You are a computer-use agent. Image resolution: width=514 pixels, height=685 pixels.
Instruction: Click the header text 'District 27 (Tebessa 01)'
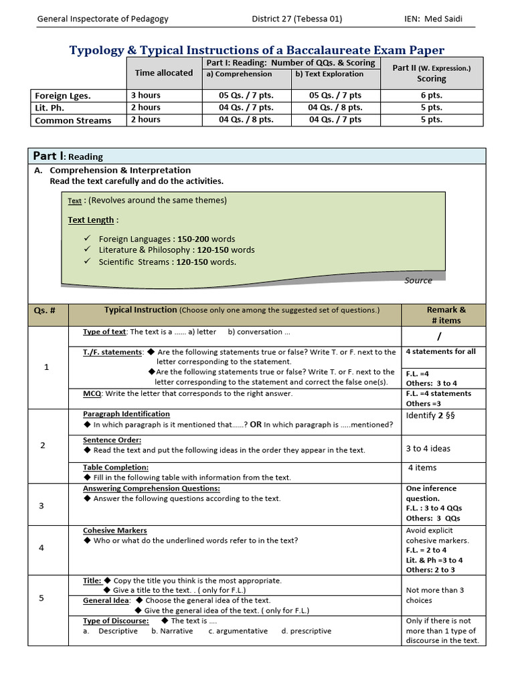[x=296, y=19]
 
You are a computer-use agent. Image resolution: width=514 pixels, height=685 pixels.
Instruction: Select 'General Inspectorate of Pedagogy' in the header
[x=102, y=19]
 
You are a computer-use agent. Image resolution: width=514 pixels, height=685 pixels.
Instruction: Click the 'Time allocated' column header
[x=164, y=73]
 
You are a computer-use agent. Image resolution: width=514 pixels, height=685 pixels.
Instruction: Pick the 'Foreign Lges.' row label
[x=62, y=96]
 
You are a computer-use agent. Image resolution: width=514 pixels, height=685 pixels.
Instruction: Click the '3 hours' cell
[x=146, y=95]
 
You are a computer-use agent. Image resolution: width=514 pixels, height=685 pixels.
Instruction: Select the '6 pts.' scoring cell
[x=431, y=95]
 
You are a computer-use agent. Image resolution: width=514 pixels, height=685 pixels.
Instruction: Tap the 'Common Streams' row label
[x=73, y=120]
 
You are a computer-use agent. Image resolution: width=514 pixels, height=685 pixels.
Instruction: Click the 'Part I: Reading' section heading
[x=68, y=157]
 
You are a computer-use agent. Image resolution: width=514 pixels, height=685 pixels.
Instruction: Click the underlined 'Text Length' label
[x=92, y=220]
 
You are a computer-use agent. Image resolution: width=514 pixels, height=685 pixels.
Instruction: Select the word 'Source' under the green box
[x=418, y=280]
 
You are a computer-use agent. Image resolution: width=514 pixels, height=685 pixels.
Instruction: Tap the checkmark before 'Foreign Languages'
[x=88, y=239]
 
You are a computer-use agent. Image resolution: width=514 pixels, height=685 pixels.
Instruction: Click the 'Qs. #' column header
[x=49, y=310]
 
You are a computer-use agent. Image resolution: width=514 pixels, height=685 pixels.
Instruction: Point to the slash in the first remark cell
[x=439, y=336]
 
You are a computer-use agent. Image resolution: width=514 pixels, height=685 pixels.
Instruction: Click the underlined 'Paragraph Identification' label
[x=126, y=414]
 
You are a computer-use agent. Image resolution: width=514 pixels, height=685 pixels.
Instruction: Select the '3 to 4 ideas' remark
[x=428, y=449]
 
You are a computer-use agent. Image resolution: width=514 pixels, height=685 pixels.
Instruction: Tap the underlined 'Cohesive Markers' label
[x=115, y=530]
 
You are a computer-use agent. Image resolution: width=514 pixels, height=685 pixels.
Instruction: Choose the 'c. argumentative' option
[x=238, y=631]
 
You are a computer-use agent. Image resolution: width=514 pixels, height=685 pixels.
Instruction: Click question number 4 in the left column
[x=41, y=548]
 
